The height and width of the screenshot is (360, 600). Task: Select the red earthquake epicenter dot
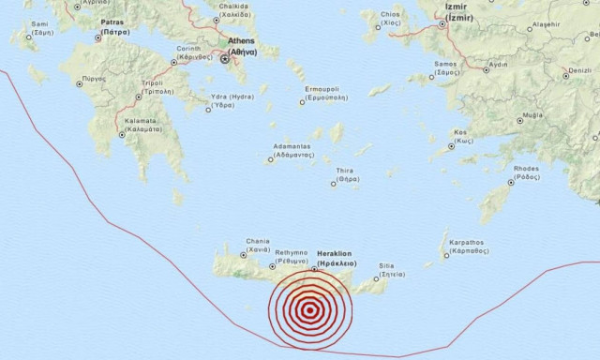click(x=308, y=311)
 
